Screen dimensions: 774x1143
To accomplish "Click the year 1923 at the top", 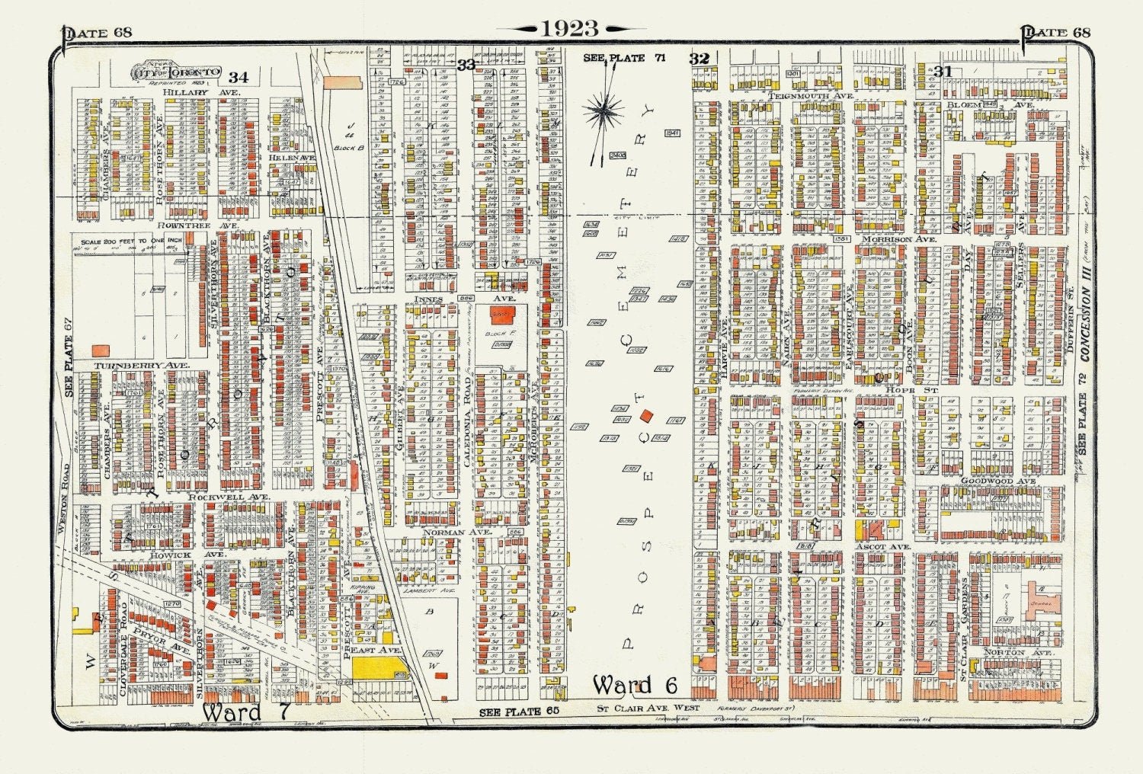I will tap(571, 28).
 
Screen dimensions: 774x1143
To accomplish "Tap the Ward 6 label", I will tap(635, 685).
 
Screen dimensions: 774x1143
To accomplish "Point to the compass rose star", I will tap(604, 112).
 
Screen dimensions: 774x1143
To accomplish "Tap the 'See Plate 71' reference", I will tap(613, 58).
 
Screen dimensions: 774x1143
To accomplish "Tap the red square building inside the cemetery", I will tap(647, 415).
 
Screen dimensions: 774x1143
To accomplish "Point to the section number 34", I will tap(238, 77).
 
